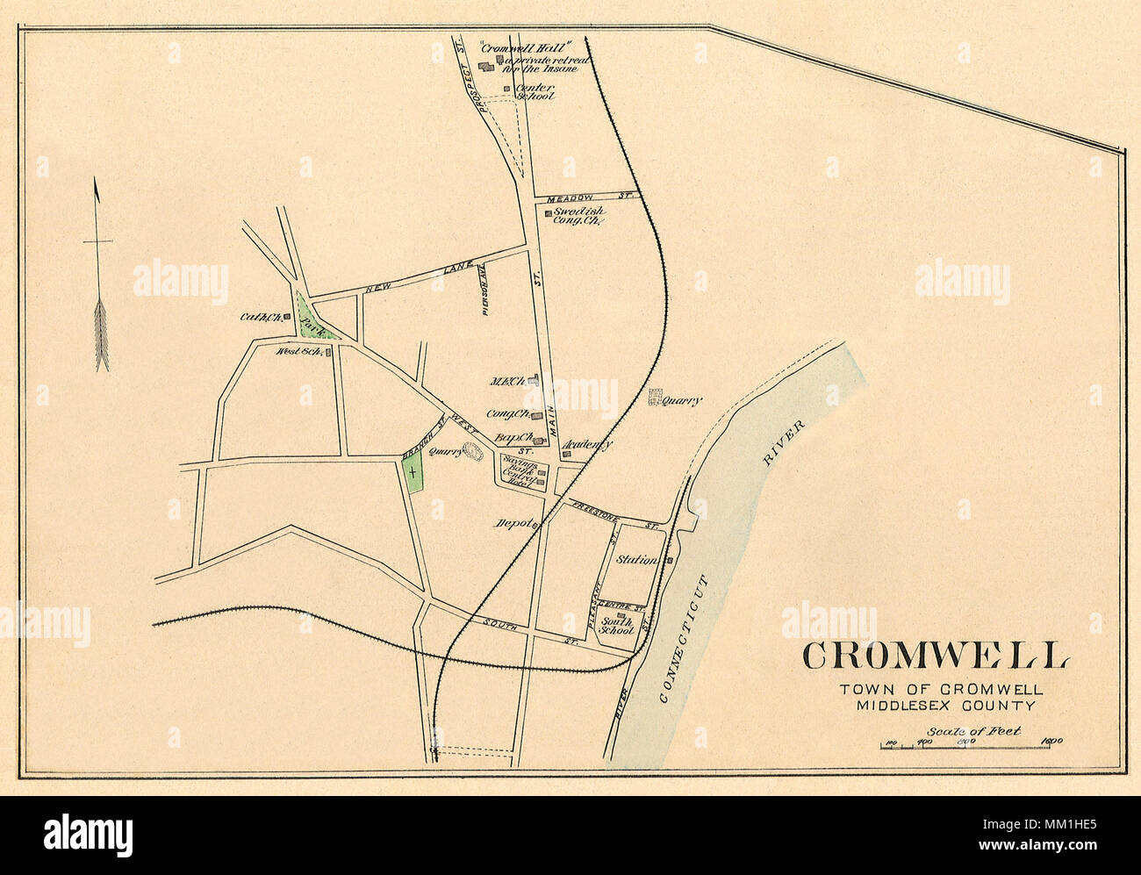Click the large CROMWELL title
(934, 656)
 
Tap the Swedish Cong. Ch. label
(578, 217)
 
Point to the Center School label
(534, 91)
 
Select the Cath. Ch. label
(259, 318)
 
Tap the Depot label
(513, 524)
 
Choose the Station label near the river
(637, 559)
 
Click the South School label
(616, 625)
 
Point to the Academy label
(588, 445)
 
